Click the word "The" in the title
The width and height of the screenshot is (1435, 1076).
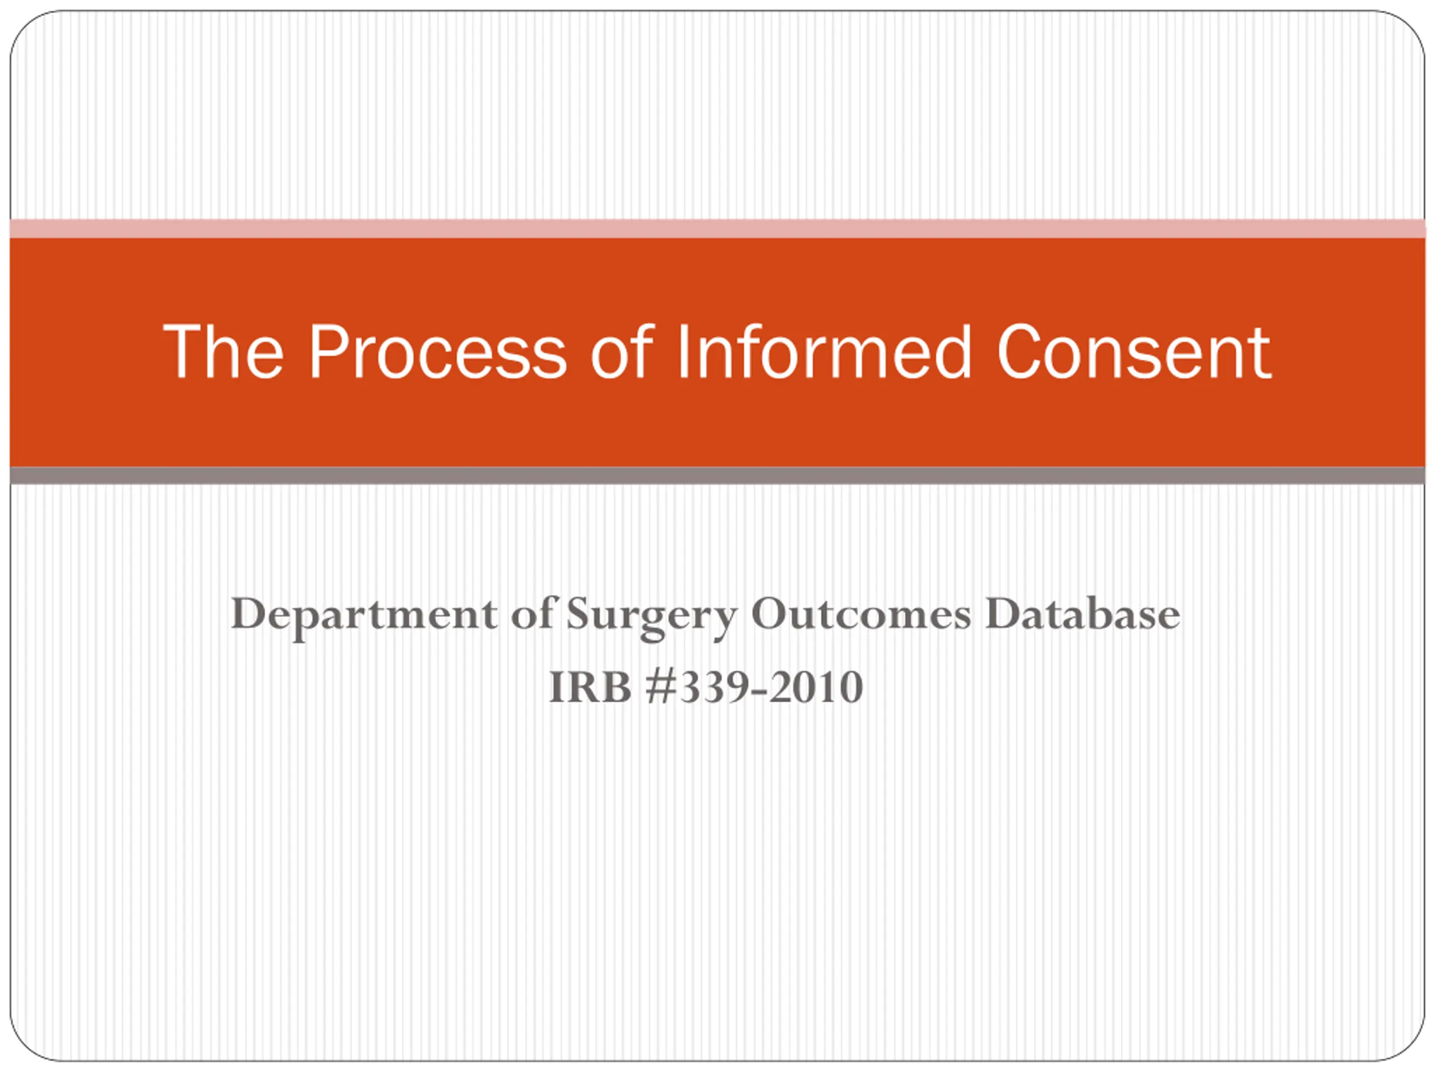click(223, 351)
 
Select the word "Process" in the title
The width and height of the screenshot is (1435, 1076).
click(438, 351)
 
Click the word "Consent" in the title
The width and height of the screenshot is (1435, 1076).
click(1134, 351)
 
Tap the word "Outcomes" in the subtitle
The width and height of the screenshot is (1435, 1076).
click(860, 613)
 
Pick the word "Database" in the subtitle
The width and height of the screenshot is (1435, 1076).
click(1082, 613)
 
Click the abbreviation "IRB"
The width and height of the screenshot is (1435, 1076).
click(590, 687)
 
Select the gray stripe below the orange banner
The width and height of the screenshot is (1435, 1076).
click(717, 475)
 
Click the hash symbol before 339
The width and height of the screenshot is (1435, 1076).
click(661, 687)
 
